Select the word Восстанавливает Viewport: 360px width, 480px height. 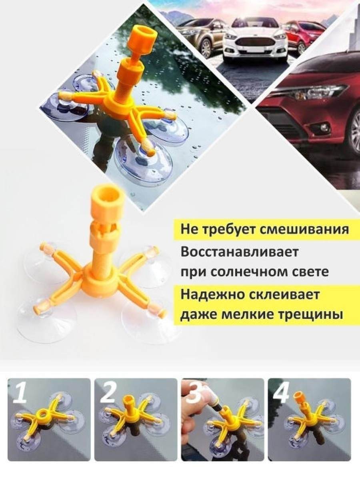point(239,252)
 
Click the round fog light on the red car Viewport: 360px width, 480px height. point(323,127)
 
